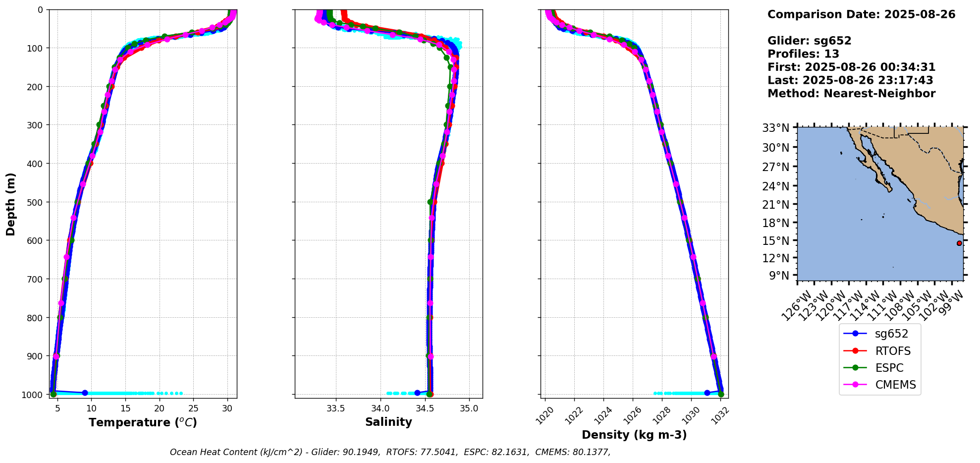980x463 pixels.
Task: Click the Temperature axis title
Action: pyautogui.click(x=143, y=422)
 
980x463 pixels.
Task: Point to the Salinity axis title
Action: pyautogui.click(x=388, y=422)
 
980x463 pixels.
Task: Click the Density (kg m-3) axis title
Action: pyautogui.click(x=634, y=435)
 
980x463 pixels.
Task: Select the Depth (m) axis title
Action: pyautogui.click(x=11, y=204)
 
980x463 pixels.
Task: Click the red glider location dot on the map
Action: pyautogui.click(x=959, y=243)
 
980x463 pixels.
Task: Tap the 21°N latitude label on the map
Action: pyautogui.click(x=776, y=205)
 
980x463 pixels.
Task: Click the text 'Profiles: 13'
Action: pyautogui.click(x=803, y=54)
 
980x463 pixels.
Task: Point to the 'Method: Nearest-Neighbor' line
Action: pyautogui.click(x=851, y=94)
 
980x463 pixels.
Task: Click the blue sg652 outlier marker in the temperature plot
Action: pyautogui.click(x=85, y=393)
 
